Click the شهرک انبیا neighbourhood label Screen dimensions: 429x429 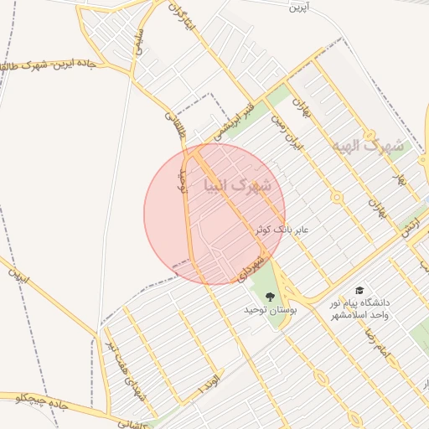pos(238,185)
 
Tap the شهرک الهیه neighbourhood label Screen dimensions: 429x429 pos(367,146)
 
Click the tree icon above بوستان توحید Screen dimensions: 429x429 pos(270,296)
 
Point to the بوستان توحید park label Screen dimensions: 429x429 pos(266,310)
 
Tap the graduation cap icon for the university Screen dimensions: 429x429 pos(359,289)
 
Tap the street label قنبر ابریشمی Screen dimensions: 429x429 pos(232,122)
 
